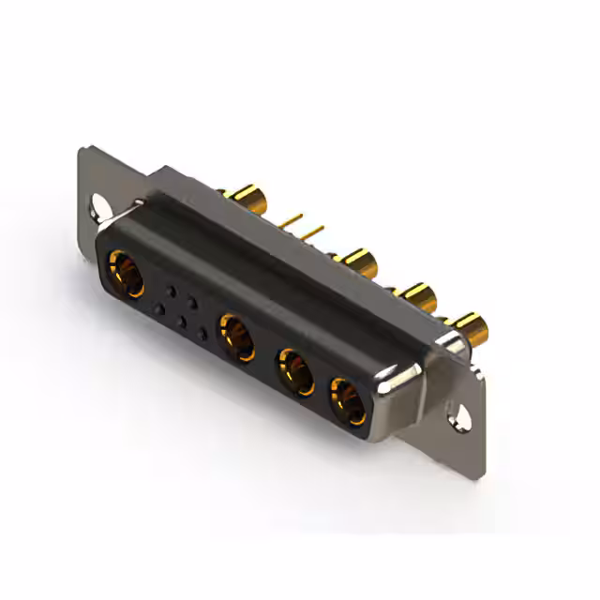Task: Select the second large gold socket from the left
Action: coord(236,337)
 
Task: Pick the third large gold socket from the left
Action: coord(295,372)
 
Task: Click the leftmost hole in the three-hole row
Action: coord(159,308)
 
